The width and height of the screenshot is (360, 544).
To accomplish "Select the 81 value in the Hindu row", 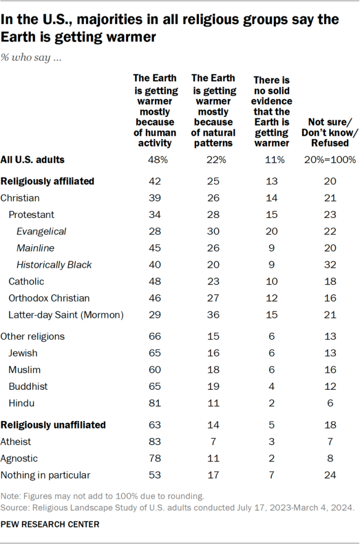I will [x=156, y=403].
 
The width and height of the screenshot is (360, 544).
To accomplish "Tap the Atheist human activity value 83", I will [x=156, y=441].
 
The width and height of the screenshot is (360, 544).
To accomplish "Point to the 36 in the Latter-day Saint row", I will [x=213, y=315].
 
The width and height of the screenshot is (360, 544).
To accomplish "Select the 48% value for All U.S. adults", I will [x=156, y=160].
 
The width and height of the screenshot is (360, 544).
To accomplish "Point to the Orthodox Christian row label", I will [x=49, y=298].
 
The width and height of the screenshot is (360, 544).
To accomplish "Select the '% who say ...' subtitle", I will [x=31, y=57].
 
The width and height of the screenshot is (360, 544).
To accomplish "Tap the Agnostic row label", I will [x=19, y=458].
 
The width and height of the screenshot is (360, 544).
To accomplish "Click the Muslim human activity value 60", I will [x=156, y=370].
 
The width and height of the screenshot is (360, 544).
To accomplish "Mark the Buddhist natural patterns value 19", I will [x=213, y=387].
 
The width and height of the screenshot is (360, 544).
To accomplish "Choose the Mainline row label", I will [x=36, y=248].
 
